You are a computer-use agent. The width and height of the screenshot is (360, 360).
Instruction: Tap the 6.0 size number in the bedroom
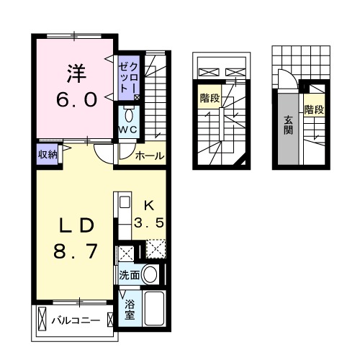[x=77, y=99]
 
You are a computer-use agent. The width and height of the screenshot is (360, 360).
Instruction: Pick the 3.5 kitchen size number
[x=152, y=222]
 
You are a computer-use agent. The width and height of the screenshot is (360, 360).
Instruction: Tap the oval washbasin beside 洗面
[x=150, y=274]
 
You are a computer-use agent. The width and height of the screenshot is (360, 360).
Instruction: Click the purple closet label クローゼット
[x=130, y=78]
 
